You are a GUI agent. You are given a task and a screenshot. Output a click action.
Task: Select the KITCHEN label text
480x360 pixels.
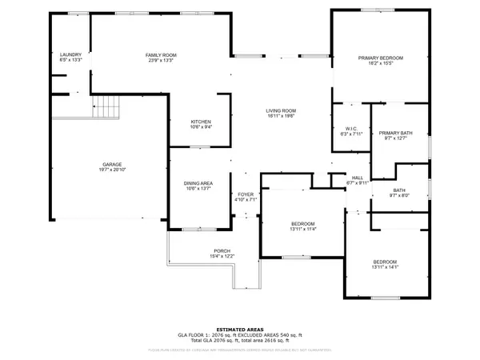coord(179,121)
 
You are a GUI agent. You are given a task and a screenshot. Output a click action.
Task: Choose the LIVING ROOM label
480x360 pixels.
coord(281,110)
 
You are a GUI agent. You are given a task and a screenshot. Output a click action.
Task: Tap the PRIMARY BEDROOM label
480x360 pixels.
coord(380,58)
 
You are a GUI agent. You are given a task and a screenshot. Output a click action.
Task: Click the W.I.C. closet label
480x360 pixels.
coord(350,128)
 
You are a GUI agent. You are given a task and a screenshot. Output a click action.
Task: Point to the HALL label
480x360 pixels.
coord(358,177)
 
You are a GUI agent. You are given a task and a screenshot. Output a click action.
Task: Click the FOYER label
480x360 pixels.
coord(245,194)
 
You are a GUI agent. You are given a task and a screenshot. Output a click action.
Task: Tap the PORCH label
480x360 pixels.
coord(222,250)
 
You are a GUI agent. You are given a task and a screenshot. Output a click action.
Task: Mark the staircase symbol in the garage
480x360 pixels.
coord(107,106)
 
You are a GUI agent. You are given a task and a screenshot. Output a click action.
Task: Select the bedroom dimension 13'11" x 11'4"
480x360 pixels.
coord(303,229)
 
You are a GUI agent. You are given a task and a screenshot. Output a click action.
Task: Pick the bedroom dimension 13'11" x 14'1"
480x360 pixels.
coord(385,268)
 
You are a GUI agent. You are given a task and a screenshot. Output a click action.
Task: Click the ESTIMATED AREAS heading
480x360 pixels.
coord(240,328)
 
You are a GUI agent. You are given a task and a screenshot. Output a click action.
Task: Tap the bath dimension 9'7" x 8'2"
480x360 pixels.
coord(398,195)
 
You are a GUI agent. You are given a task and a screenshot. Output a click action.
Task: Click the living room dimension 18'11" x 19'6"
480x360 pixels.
coord(281,117)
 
